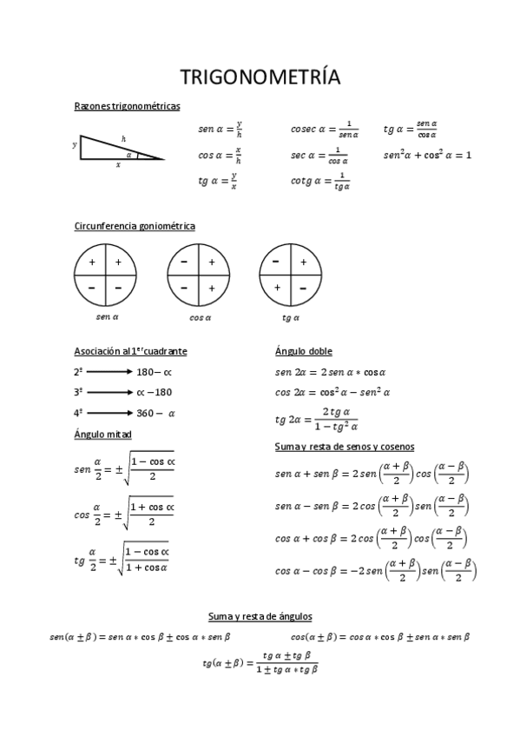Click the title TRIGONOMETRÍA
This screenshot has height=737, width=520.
260,77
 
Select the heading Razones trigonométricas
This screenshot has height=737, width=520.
128,106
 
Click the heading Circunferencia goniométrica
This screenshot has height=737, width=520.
135,226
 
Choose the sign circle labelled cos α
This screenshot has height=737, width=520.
200,275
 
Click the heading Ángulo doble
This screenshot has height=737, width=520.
303,351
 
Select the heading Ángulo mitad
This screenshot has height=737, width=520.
103,434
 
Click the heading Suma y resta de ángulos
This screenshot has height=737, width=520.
260,616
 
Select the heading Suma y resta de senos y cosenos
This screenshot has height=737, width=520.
344,447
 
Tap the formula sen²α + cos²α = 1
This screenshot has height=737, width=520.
427,156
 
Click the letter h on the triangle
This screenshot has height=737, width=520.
123,139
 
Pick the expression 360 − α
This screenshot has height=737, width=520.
155,413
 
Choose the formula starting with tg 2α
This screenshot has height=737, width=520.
316,418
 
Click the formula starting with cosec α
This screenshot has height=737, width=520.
325,129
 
